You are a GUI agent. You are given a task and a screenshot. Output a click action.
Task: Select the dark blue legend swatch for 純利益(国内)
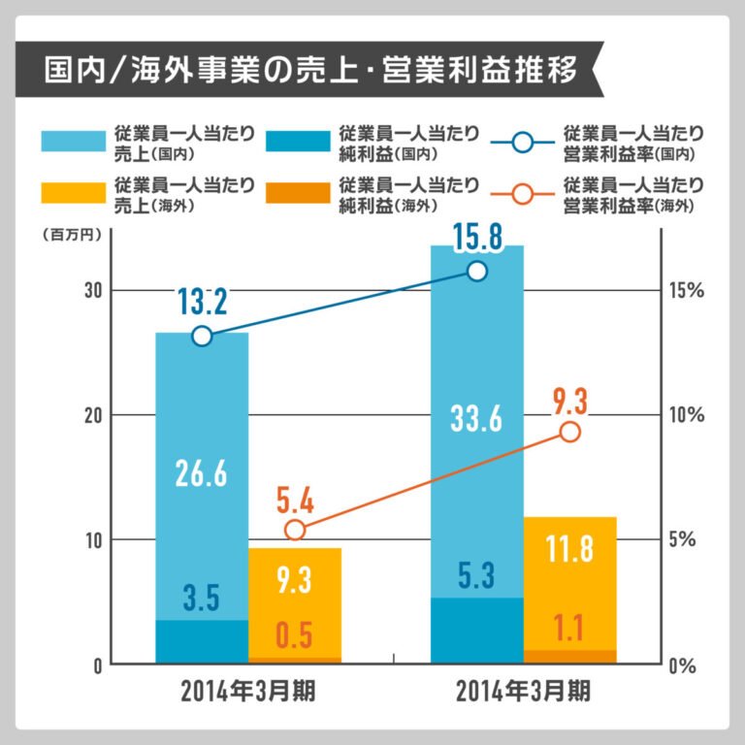click(x=297, y=143)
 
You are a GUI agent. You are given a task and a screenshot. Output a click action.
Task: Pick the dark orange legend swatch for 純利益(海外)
click(x=297, y=193)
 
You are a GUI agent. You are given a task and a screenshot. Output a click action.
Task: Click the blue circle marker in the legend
click(x=522, y=143)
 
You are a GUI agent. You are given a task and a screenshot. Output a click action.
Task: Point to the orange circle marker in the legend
click(x=522, y=193)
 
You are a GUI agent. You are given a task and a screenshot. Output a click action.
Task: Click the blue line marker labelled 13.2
click(x=202, y=337)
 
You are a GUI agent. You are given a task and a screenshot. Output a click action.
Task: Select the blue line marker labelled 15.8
click(x=477, y=271)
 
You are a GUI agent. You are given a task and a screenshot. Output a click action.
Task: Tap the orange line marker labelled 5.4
click(x=296, y=530)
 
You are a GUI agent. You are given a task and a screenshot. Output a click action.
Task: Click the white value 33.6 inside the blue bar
click(x=476, y=419)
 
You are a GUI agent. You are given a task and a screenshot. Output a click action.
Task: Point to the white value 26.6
click(x=201, y=473)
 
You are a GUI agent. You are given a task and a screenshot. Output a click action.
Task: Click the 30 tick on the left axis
click(x=91, y=290)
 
